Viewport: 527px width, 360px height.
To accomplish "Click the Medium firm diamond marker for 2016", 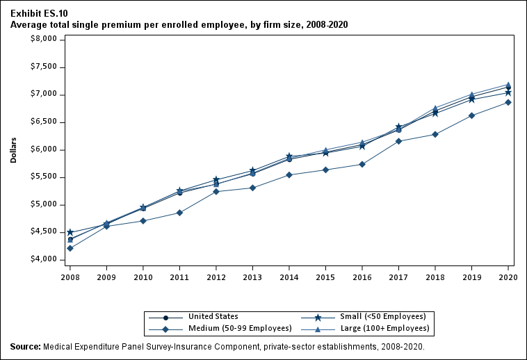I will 362,164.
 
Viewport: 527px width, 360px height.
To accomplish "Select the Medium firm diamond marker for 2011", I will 180,213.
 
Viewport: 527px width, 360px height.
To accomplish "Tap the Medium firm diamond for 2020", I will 508,102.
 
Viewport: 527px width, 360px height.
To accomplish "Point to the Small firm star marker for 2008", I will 70,232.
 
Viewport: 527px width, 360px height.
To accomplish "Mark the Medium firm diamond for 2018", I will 435,134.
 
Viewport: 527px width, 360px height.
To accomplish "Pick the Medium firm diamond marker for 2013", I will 253,188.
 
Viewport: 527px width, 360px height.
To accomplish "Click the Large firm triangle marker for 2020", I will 508,85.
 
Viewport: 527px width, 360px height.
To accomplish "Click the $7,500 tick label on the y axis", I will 44,67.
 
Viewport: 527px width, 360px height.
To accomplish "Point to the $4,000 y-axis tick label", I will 44,260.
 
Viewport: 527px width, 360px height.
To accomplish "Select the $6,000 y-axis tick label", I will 44,149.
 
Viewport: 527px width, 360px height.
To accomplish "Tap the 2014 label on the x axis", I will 289,277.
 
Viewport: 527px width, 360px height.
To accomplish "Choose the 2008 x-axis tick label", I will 70,277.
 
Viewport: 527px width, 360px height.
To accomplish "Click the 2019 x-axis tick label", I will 472,277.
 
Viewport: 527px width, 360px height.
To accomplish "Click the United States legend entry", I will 213,317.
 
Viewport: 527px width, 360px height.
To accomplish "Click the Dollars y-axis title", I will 14,149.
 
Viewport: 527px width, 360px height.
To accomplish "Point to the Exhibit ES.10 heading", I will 39,13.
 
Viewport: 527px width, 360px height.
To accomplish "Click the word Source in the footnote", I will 25,346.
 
